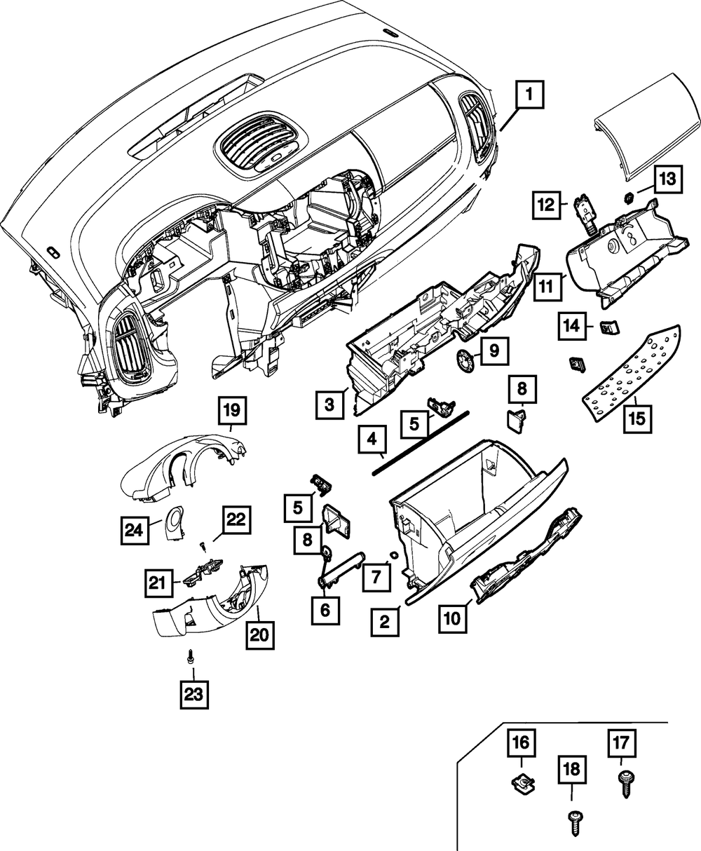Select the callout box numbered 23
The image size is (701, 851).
pos(193,694)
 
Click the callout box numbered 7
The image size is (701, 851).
pos(376,577)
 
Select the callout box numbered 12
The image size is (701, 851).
pos(547,205)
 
